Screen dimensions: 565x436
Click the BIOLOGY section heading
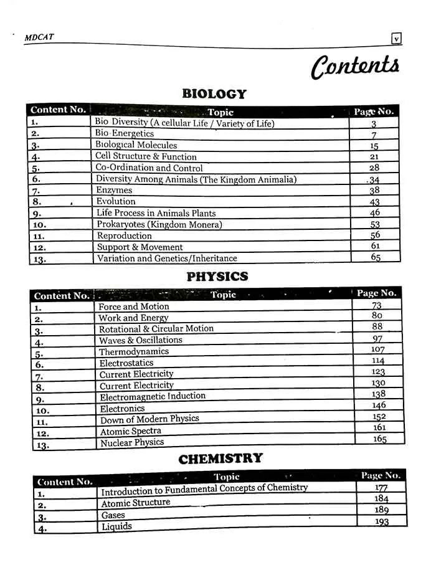pyautogui.click(x=214, y=94)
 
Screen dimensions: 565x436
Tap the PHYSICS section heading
pyautogui.click(x=217, y=277)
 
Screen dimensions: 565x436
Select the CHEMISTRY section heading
pyautogui.click(x=220, y=459)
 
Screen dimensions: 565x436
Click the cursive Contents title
pyautogui.click(x=355, y=66)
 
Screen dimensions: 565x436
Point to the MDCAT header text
pyautogui.click(x=39, y=37)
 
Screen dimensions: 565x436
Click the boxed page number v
pyautogui.click(x=396, y=39)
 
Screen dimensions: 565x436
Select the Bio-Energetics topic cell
pyautogui.click(x=124, y=134)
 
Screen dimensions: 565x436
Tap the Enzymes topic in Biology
pyautogui.click(x=114, y=190)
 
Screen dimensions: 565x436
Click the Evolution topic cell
pyautogui.click(x=116, y=201)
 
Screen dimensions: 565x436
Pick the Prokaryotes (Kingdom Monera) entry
pyautogui.click(x=159, y=224)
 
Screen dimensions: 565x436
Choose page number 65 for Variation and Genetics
pyautogui.click(x=376, y=257)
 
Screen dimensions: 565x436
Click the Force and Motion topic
pyautogui.click(x=133, y=306)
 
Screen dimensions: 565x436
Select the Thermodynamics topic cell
pyautogui.click(x=134, y=351)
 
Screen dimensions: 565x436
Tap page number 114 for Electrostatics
pyautogui.click(x=378, y=361)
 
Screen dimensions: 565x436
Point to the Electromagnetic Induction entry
pyautogui.click(x=153, y=397)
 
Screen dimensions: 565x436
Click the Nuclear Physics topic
pyautogui.click(x=132, y=443)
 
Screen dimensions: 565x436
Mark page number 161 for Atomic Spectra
pyautogui.click(x=379, y=428)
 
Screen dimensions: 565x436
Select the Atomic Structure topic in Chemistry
pyautogui.click(x=135, y=503)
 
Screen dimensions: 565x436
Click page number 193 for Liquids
pyautogui.click(x=382, y=521)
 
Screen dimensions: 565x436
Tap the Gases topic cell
pyautogui.click(x=113, y=515)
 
